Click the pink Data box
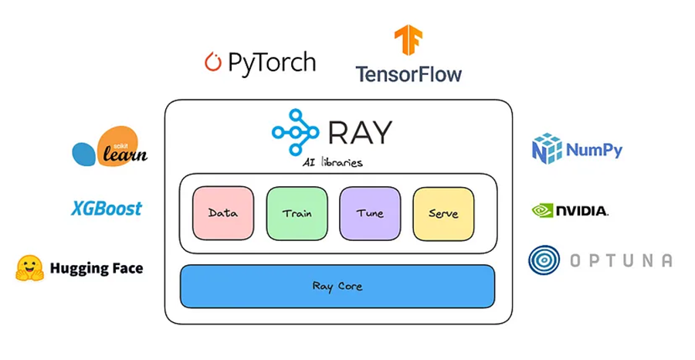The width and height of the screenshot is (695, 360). pos(223,213)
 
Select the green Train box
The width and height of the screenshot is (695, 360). pos(297,213)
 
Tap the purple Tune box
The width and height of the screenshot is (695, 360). pos(370,213)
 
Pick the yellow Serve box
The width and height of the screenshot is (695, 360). pos(443,213)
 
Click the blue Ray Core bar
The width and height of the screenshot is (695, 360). pos(337,286)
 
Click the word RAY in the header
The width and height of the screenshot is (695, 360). pos(360,132)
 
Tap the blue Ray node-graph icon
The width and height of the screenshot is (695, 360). pos(295,131)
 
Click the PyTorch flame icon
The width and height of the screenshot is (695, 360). pos(213,62)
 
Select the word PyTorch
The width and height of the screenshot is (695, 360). pos(272,62)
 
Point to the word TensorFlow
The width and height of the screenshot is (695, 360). pos(409,75)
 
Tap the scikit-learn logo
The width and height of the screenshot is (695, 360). pos(110,148)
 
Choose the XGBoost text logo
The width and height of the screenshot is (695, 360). pos(107,209)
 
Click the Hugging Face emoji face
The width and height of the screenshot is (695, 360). pos(29,268)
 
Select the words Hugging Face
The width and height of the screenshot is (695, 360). pos(97,269)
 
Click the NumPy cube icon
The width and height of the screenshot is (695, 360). pos(547,148)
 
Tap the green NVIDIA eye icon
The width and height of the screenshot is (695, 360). pos(543,210)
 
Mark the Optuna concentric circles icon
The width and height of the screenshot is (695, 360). pos(544,261)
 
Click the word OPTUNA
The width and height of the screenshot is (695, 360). pos(621,261)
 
